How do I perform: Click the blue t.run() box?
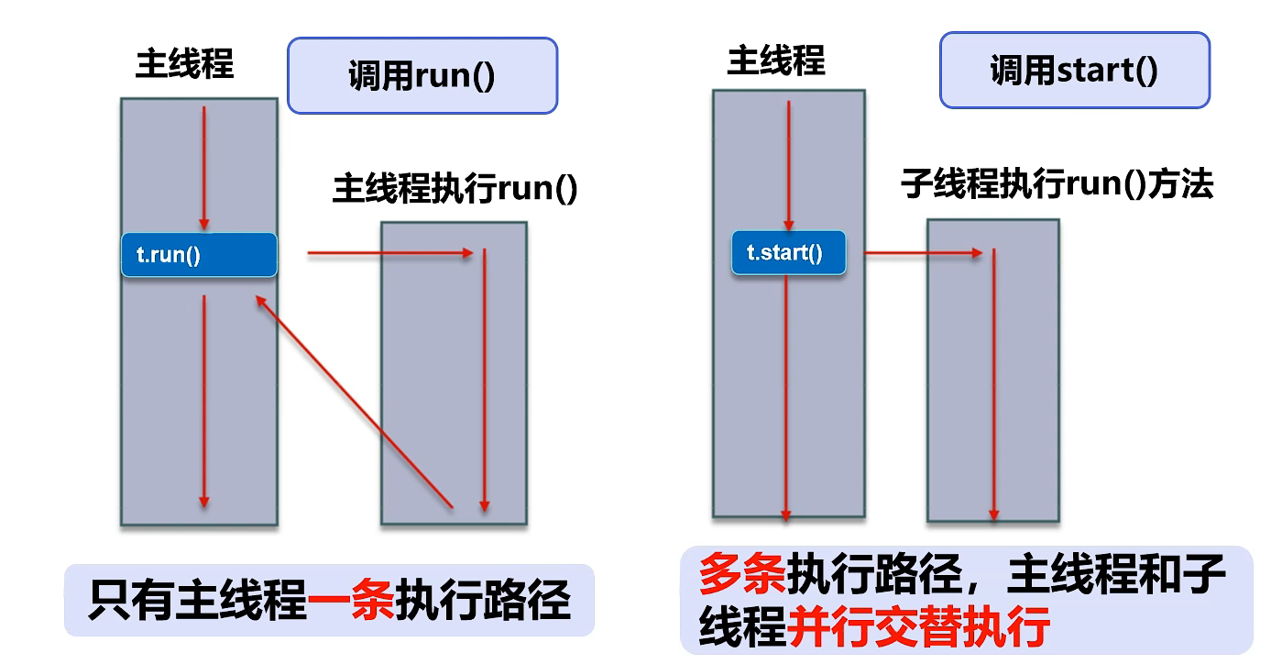[199, 255]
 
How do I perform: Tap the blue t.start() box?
[788, 252]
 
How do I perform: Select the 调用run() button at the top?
[422, 75]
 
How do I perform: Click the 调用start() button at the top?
[1074, 70]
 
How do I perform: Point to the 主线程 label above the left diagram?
[185, 64]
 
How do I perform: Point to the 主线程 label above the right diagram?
[776, 61]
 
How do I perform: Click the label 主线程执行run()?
[455, 189]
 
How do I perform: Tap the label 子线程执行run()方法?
[1057, 184]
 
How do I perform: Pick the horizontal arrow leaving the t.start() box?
[924, 251]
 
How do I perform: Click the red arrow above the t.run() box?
[204, 168]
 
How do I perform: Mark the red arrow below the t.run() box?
[204, 400]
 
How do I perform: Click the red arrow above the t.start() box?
[788, 165]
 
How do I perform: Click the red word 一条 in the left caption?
[351, 603]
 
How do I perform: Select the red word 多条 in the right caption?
[740, 575]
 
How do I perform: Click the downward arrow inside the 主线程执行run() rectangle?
[484, 380]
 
